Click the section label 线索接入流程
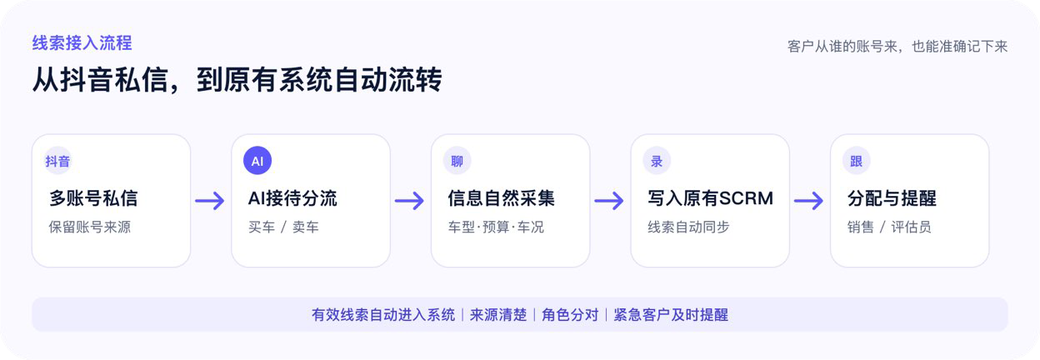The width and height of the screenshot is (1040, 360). (82, 43)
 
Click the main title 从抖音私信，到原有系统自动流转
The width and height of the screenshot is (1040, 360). (237, 80)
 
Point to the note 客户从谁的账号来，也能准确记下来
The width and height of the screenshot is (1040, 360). (897, 47)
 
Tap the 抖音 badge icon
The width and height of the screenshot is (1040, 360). (57, 161)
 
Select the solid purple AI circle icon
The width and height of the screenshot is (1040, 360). (257, 161)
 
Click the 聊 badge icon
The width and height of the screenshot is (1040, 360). (457, 161)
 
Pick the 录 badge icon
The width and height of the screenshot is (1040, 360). (657, 161)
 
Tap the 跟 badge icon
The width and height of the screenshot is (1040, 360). (856, 161)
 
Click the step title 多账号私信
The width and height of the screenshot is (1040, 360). (93, 198)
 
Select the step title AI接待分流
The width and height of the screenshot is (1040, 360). (292, 198)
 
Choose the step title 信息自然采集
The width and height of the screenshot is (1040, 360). (502, 198)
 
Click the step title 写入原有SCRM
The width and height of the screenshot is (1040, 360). (710, 198)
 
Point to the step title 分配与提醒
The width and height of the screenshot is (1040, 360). (892, 198)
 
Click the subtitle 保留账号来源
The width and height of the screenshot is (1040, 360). (90, 227)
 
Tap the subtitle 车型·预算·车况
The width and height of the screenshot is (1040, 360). (496, 227)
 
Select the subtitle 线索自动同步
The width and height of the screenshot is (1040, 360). (688, 227)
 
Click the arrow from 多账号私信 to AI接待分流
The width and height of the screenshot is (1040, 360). (210, 201)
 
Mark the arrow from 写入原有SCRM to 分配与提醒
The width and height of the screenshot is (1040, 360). (809, 201)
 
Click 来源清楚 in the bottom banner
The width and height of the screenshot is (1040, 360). (498, 315)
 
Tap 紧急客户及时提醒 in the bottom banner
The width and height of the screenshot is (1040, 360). (671, 315)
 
